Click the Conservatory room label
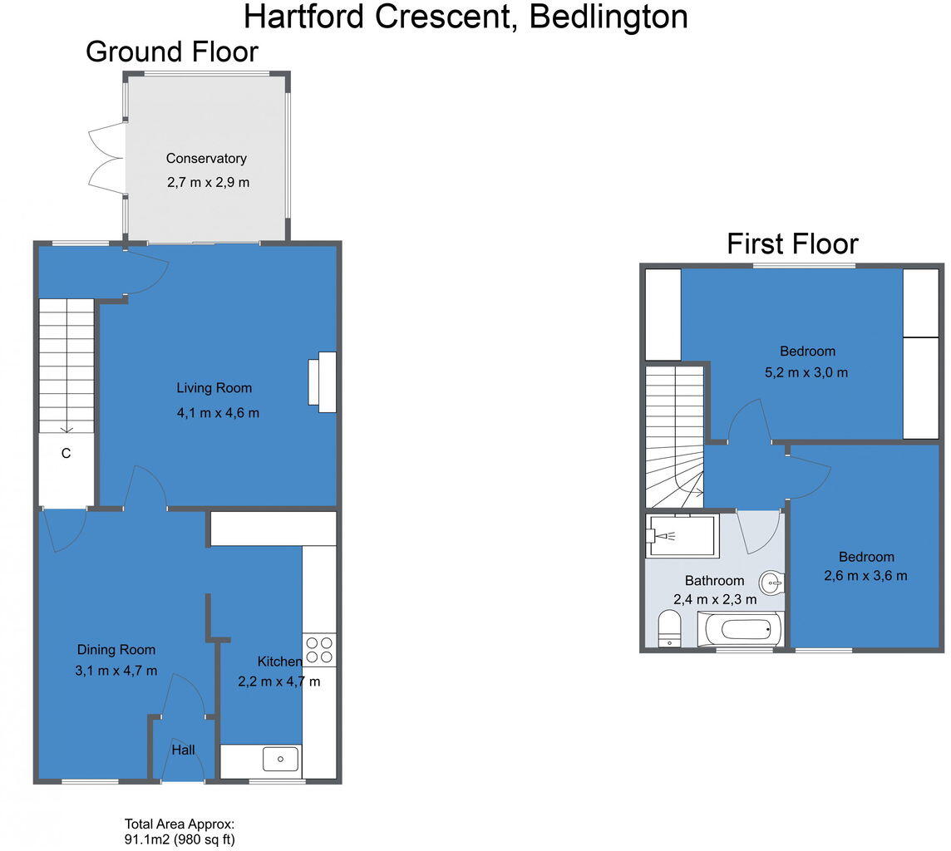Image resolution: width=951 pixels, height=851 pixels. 206,159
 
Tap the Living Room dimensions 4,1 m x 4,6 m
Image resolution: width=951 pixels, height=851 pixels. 218,413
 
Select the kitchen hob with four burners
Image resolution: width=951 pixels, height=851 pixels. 319,650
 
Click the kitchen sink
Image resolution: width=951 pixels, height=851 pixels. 280,759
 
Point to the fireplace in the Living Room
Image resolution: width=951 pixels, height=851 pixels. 323,382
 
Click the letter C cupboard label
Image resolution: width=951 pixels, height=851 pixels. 67,454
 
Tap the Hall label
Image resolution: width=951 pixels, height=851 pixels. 183,750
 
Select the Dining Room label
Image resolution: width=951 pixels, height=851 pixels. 116,650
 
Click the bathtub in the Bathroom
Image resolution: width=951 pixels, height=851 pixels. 741,629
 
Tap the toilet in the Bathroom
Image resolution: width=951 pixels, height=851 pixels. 669,629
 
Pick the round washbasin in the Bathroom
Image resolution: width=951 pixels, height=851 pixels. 772,583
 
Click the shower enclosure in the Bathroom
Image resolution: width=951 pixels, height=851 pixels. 682,536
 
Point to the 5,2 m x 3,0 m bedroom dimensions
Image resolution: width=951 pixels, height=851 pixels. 806,373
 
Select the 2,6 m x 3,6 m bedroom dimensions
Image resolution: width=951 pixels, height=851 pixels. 865,576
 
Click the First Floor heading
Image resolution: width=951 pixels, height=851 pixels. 792,244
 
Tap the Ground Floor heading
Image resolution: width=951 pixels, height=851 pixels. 172,52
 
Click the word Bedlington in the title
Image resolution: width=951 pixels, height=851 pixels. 609,17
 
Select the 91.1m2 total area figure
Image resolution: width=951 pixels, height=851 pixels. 146,839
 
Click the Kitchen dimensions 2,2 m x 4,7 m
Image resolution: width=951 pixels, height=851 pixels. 279,682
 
